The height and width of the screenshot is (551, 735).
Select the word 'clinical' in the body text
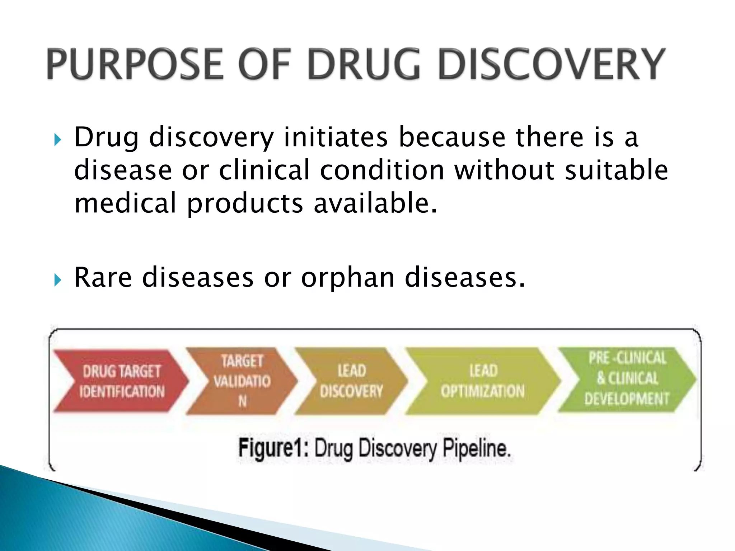pyautogui.click(x=264, y=170)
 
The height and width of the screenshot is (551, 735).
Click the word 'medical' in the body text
pyautogui.click(x=126, y=203)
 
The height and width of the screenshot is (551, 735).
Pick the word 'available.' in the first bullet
pyautogui.click(x=375, y=203)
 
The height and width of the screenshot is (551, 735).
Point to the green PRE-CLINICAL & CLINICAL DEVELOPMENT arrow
pyautogui.click(x=627, y=379)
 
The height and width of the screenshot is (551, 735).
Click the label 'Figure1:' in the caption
pyautogui.click(x=273, y=448)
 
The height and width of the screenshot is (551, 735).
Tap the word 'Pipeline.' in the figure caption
pyautogui.click(x=476, y=448)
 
